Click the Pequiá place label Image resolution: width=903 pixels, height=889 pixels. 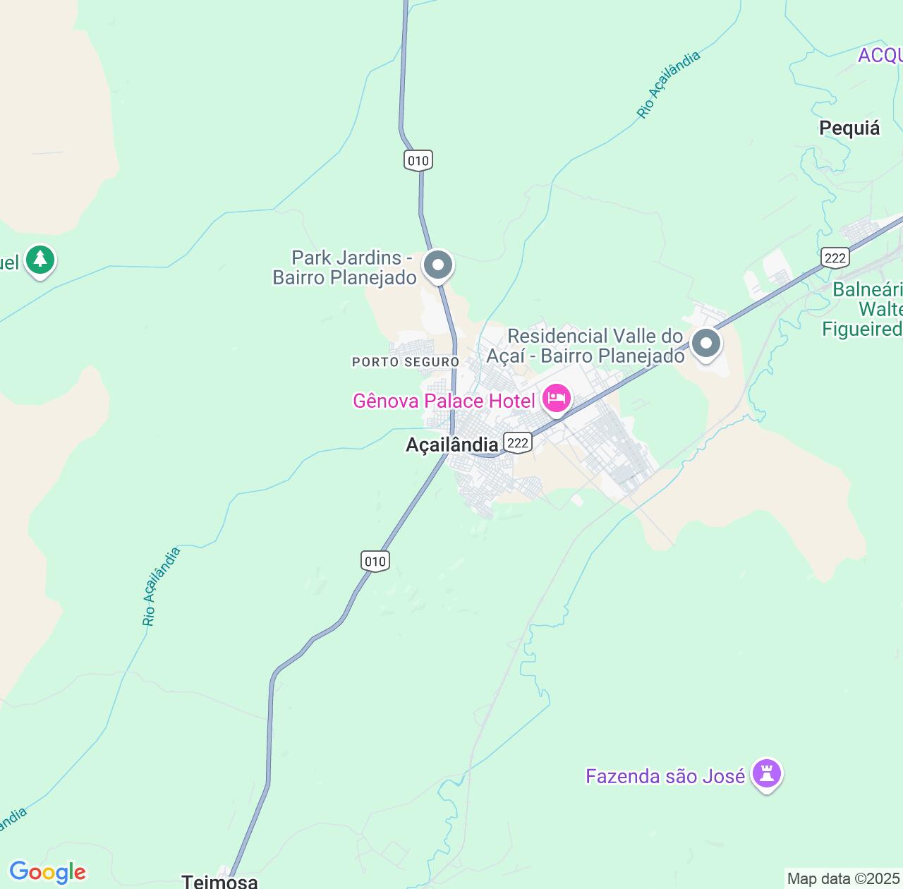point(849,128)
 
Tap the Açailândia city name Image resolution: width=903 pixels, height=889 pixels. point(451,445)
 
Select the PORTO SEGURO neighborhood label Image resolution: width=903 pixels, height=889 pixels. point(406,362)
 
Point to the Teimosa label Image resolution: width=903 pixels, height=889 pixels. point(219,881)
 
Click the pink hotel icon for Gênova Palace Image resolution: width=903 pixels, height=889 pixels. point(557,399)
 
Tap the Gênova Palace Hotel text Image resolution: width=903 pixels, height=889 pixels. point(444,401)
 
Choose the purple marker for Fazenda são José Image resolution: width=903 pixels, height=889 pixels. point(766,774)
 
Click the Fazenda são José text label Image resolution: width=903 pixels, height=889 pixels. point(665,776)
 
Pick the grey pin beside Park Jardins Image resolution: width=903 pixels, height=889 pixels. point(438,266)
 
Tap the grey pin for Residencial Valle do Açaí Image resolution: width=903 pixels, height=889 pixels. point(706,344)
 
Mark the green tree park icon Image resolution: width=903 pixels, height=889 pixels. point(40,260)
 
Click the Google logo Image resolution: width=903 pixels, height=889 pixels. point(47,872)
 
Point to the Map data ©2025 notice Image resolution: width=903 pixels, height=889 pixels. point(844,879)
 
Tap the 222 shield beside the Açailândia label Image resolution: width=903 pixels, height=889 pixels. point(517,442)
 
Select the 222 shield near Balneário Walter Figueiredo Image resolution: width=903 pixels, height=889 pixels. point(835,258)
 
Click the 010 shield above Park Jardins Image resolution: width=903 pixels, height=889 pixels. point(418,160)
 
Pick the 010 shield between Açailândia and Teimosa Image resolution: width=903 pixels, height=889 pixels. point(375,561)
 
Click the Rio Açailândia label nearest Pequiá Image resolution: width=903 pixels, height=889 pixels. point(668,85)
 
